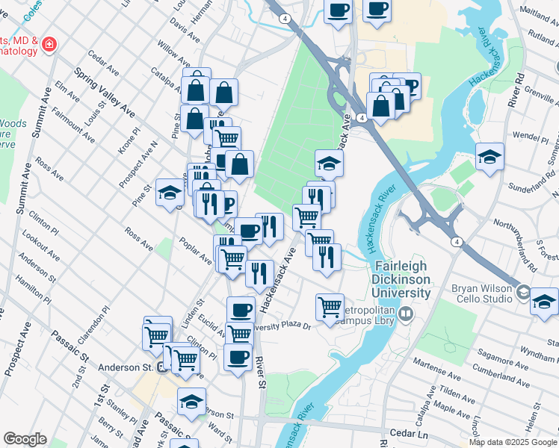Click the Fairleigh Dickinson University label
point(401,279)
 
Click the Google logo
point(25,439)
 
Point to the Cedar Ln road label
point(411,433)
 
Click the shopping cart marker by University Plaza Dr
point(330,308)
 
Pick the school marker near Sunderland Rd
point(489,157)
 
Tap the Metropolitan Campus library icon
point(406,314)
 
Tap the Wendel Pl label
point(531,139)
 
